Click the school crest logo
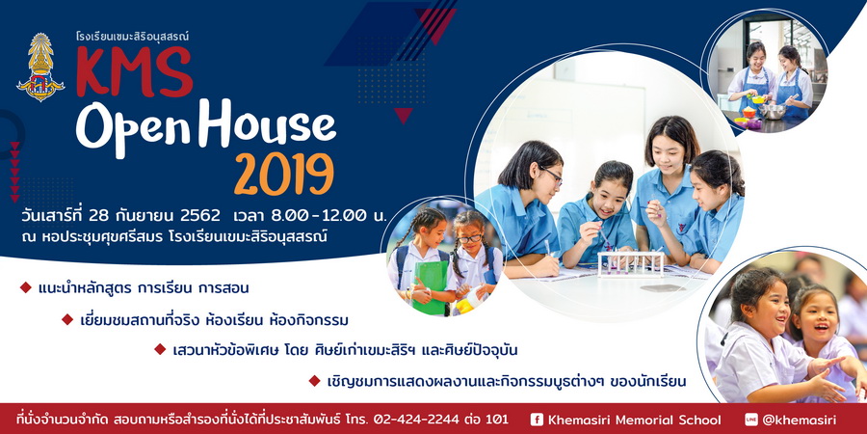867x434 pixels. point(40,67)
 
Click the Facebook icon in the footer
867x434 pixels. point(537,420)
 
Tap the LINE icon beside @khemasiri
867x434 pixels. point(750,420)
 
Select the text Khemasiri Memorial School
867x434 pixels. point(634,420)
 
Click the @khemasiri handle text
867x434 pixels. point(799,420)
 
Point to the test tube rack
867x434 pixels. point(631,264)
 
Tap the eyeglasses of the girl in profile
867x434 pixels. point(553,176)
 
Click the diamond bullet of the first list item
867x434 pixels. point(25,287)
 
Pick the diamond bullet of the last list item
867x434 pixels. point(314,380)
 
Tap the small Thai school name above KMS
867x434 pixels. point(132,37)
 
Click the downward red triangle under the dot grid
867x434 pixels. point(404,115)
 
